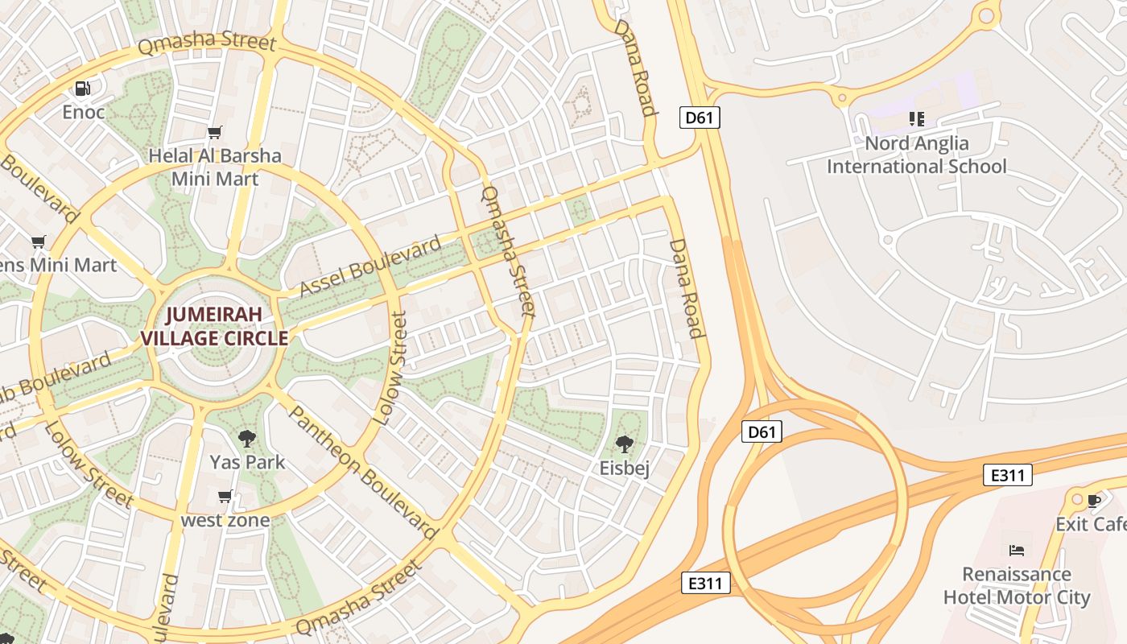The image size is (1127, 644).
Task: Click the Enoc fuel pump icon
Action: pyautogui.click(x=83, y=89)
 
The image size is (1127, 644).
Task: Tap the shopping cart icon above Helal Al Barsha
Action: pyautogui.click(x=214, y=132)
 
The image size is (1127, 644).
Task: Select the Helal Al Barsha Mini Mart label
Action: pyautogui.click(x=215, y=167)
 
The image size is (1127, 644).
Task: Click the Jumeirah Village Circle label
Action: pyautogui.click(x=215, y=326)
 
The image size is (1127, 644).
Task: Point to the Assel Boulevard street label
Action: pyautogui.click(x=369, y=266)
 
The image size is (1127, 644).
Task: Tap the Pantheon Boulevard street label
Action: pyautogui.click(x=362, y=472)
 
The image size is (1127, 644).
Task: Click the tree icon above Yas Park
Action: pyautogui.click(x=247, y=439)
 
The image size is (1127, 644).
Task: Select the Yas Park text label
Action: pyautogui.click(x=247, y=462)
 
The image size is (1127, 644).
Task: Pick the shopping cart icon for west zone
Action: pyautogui.click(x=225, y=497)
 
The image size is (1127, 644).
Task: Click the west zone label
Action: pyautogui.click(x=225, y=520)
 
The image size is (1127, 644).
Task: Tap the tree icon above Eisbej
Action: pyautogui.click(x=624, y=444)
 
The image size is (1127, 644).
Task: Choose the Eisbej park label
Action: pyautogui.click(x=624, y=468)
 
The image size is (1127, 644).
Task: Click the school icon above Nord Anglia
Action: pyautogui.click(x=916, y=119)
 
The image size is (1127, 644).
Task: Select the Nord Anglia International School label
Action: pyautogui.click(x=916, y=155)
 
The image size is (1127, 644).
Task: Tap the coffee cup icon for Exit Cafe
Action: pyautogui.click(x=1093, y=501)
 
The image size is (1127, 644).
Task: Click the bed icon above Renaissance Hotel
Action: pyautogui.click(x=1017, y=551)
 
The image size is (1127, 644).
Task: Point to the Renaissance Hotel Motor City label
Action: pyautogui.click(x=1017, y=585)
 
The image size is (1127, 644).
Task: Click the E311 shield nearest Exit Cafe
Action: pyautogui.click(x=1007, y=475)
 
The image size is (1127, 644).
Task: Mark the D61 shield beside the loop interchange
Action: pyautogui.click(x=761, y=432)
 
